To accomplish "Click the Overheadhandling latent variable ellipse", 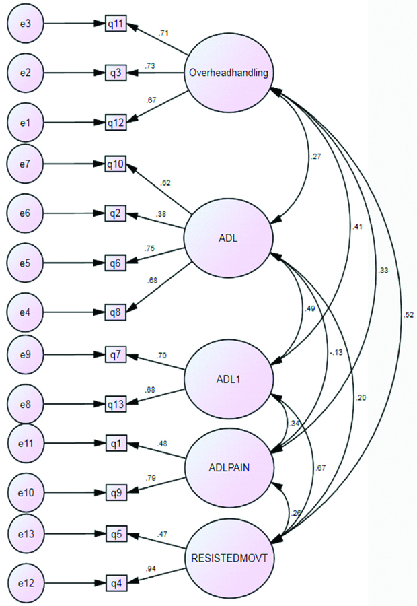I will click(x=229, y=73).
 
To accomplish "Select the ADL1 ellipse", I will click(x=229, y=378).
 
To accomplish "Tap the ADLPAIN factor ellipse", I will click(x=229, y=468).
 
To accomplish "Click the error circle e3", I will click(x=25, y=24).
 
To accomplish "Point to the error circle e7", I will click(x=25, y=162).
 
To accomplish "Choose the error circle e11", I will click(x=25, y=444).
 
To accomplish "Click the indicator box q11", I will click(x=116, y=24).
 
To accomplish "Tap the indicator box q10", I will click(x=116, y=162).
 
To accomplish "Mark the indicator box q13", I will click(x=116, y=405).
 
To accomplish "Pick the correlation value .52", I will click(x=409, y=314).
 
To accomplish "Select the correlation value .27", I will click(x=315, y=157).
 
